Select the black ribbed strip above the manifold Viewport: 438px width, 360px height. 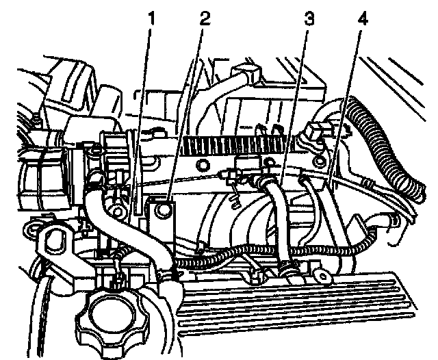point(240,144)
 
